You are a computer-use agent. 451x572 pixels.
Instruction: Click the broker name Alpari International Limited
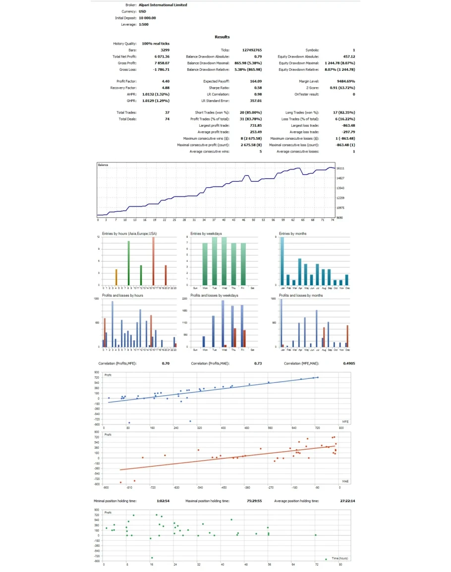[x=163, y=5]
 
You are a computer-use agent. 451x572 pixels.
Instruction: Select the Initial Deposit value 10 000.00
[x=148, y=18]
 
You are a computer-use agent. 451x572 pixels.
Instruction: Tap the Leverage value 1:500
[x=144, y=24]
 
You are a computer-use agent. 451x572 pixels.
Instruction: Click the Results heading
[x=222, y=37]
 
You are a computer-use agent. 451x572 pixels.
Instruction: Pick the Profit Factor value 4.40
[x=166, y=81]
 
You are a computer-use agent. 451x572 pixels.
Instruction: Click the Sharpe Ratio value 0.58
[x=258, y=88]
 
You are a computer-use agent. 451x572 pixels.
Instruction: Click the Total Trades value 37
[x=167, y=113]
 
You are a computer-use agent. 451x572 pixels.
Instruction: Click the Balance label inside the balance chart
[x=103, y=165]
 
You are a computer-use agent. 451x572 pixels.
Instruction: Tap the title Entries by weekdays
[x=206, y=233]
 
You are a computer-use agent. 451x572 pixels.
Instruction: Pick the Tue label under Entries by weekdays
[x=215, y=287]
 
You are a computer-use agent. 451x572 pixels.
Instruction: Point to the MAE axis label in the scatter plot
[x=345, y=481]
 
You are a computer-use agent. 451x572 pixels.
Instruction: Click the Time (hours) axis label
[x=339, y=558]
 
